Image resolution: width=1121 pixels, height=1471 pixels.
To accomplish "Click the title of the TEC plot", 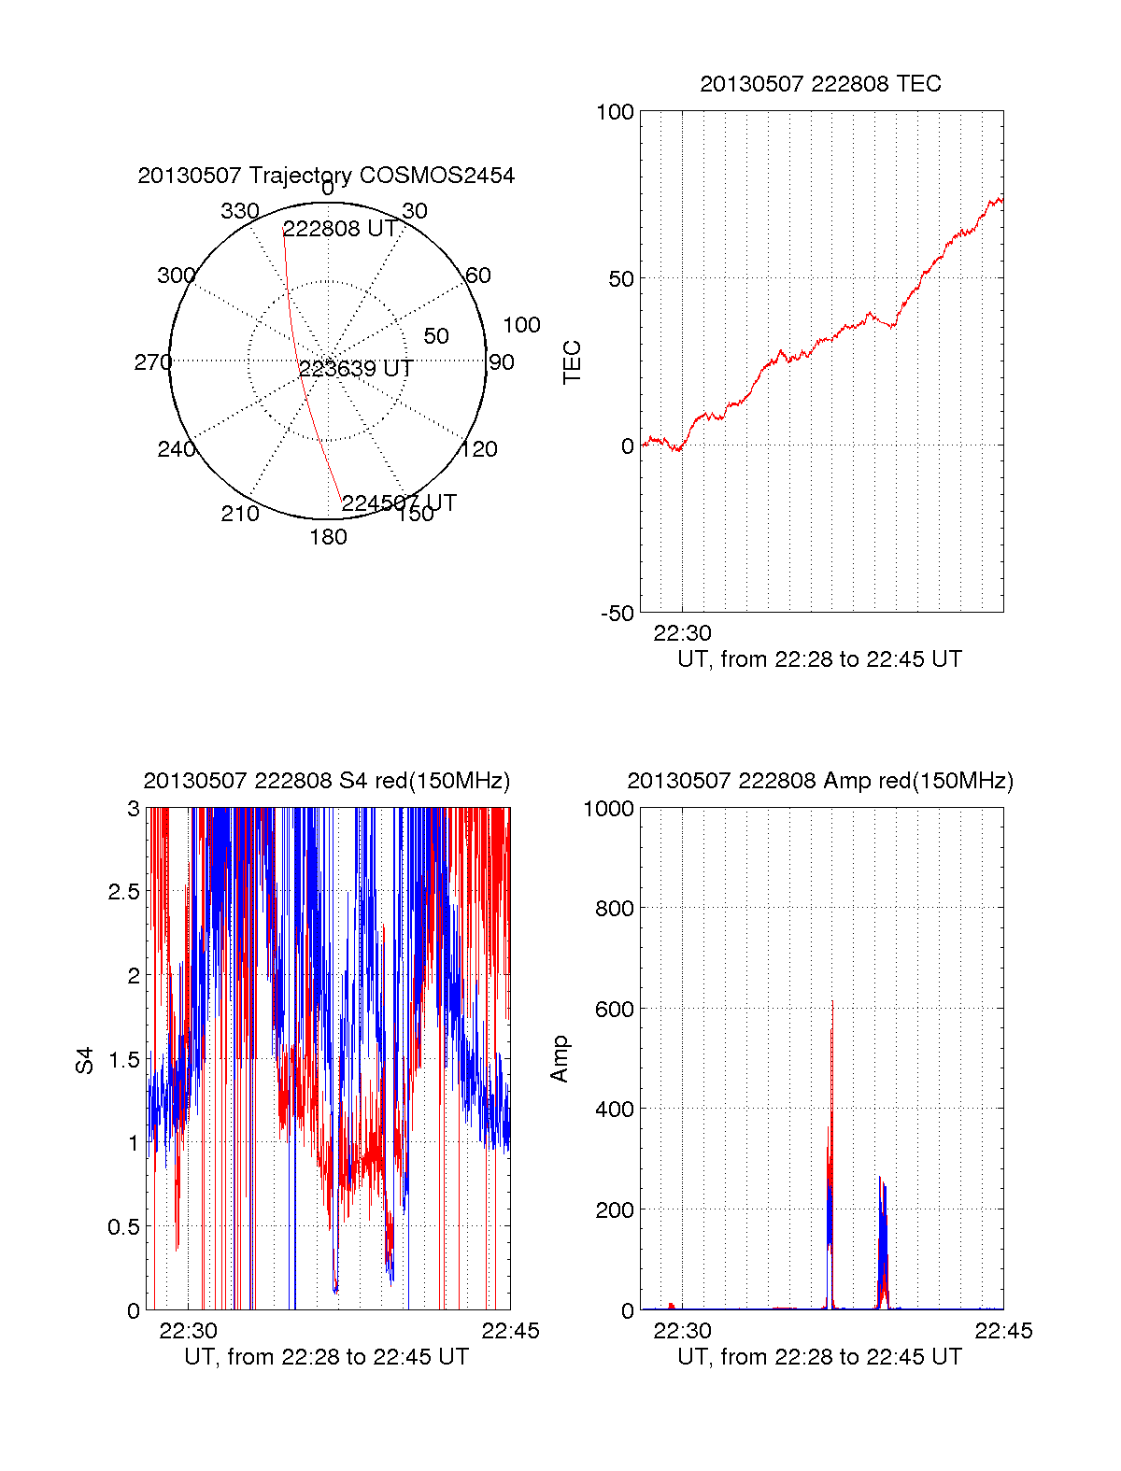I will pyautogui.click(x=820, y=84).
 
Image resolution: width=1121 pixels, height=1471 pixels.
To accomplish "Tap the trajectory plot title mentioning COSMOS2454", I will pyautogui.click(x=326, y=176).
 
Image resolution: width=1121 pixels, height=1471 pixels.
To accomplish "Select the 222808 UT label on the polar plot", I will pyautogui.click(x=340, y=230).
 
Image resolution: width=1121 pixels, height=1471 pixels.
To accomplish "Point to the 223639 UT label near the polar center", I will pyautogui.click(x=356, y=369).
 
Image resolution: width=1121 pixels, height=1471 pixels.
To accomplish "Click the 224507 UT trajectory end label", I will pyautogui.click(x=399, y=503).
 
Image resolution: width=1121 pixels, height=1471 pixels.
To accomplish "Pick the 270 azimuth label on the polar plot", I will pyautogui.click(x=153, y=362).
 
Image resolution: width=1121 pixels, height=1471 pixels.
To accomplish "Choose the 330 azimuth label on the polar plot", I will pyautogui.click(x=240, y=211).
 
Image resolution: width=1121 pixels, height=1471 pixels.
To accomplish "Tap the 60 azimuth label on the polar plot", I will pyautogui.click(x=477, y=276).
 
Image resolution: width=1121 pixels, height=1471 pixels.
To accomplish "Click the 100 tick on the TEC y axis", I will pyautogui.click(x=615, y=112).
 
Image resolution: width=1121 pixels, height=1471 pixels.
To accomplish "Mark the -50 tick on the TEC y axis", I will pyautogui.click(x=617, y=614).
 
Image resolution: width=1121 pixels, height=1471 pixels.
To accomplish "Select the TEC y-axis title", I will pyautogui.click(x=572, y=362).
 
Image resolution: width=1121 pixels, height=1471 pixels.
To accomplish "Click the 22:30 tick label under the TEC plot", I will pyautogui.click(x=682, y=633).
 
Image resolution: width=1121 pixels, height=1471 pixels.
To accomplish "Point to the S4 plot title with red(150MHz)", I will pyautogui.click(x=326, y=781).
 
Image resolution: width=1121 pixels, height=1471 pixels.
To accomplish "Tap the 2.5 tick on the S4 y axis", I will pyautogui.click(x=123, y=892).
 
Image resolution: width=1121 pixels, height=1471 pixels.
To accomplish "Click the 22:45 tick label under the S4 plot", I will pyautogui.click(x=510, y=1331).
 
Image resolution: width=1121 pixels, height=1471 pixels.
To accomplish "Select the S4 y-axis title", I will pyautogui.click(x=85, y=1060).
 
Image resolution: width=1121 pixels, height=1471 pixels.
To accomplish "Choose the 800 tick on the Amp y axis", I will pyautogui.click(x=615, y=908).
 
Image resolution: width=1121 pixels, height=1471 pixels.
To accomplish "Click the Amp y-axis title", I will pyautogui.click(x=560, y=1059).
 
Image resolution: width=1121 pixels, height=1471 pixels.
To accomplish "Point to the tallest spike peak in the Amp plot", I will pyautogui.click(x=832, y=1002).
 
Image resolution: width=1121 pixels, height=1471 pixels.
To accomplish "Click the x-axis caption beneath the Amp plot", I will pyautogui.click(x=819, y=1357).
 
